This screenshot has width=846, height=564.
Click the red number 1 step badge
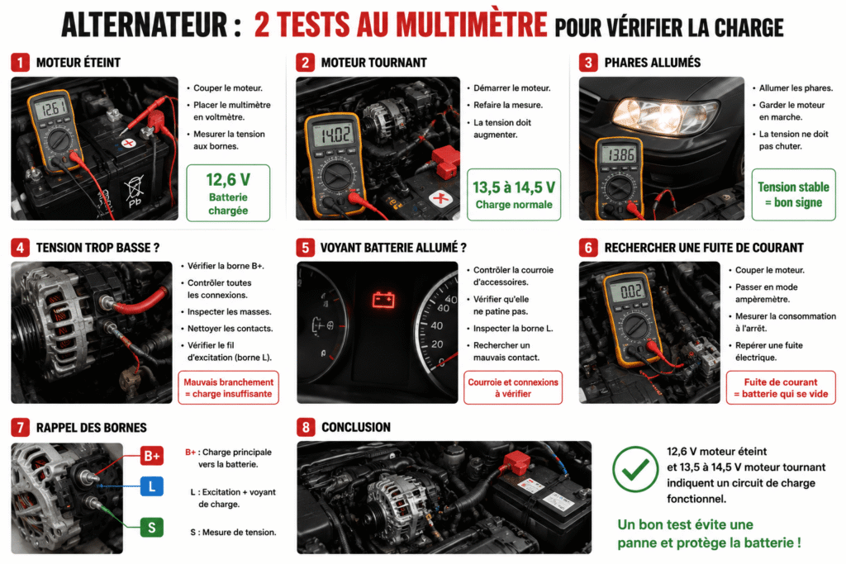[20, 63]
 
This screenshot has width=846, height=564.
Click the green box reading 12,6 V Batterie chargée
[228, 193]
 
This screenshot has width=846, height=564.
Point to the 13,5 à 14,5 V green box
[514, 195]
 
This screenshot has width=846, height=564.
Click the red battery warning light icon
[383, 299]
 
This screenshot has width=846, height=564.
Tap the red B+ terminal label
[152, 456]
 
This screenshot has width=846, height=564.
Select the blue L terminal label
[152, 487]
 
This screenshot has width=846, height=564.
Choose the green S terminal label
[152, 528]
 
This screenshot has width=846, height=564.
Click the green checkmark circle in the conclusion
[635, 469]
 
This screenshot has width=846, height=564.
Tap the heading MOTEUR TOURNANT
[374, 63]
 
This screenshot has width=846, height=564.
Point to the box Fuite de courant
[781, 387]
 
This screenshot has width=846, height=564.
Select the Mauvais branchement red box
[228, 387]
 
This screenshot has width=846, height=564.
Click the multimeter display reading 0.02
[630, 291]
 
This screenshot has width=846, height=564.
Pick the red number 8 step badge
[306, 428]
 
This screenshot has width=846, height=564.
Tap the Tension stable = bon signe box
[793, 195]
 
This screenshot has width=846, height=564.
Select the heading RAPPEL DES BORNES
[91, 428]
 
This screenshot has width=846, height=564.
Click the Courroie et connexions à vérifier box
[513, 387]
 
